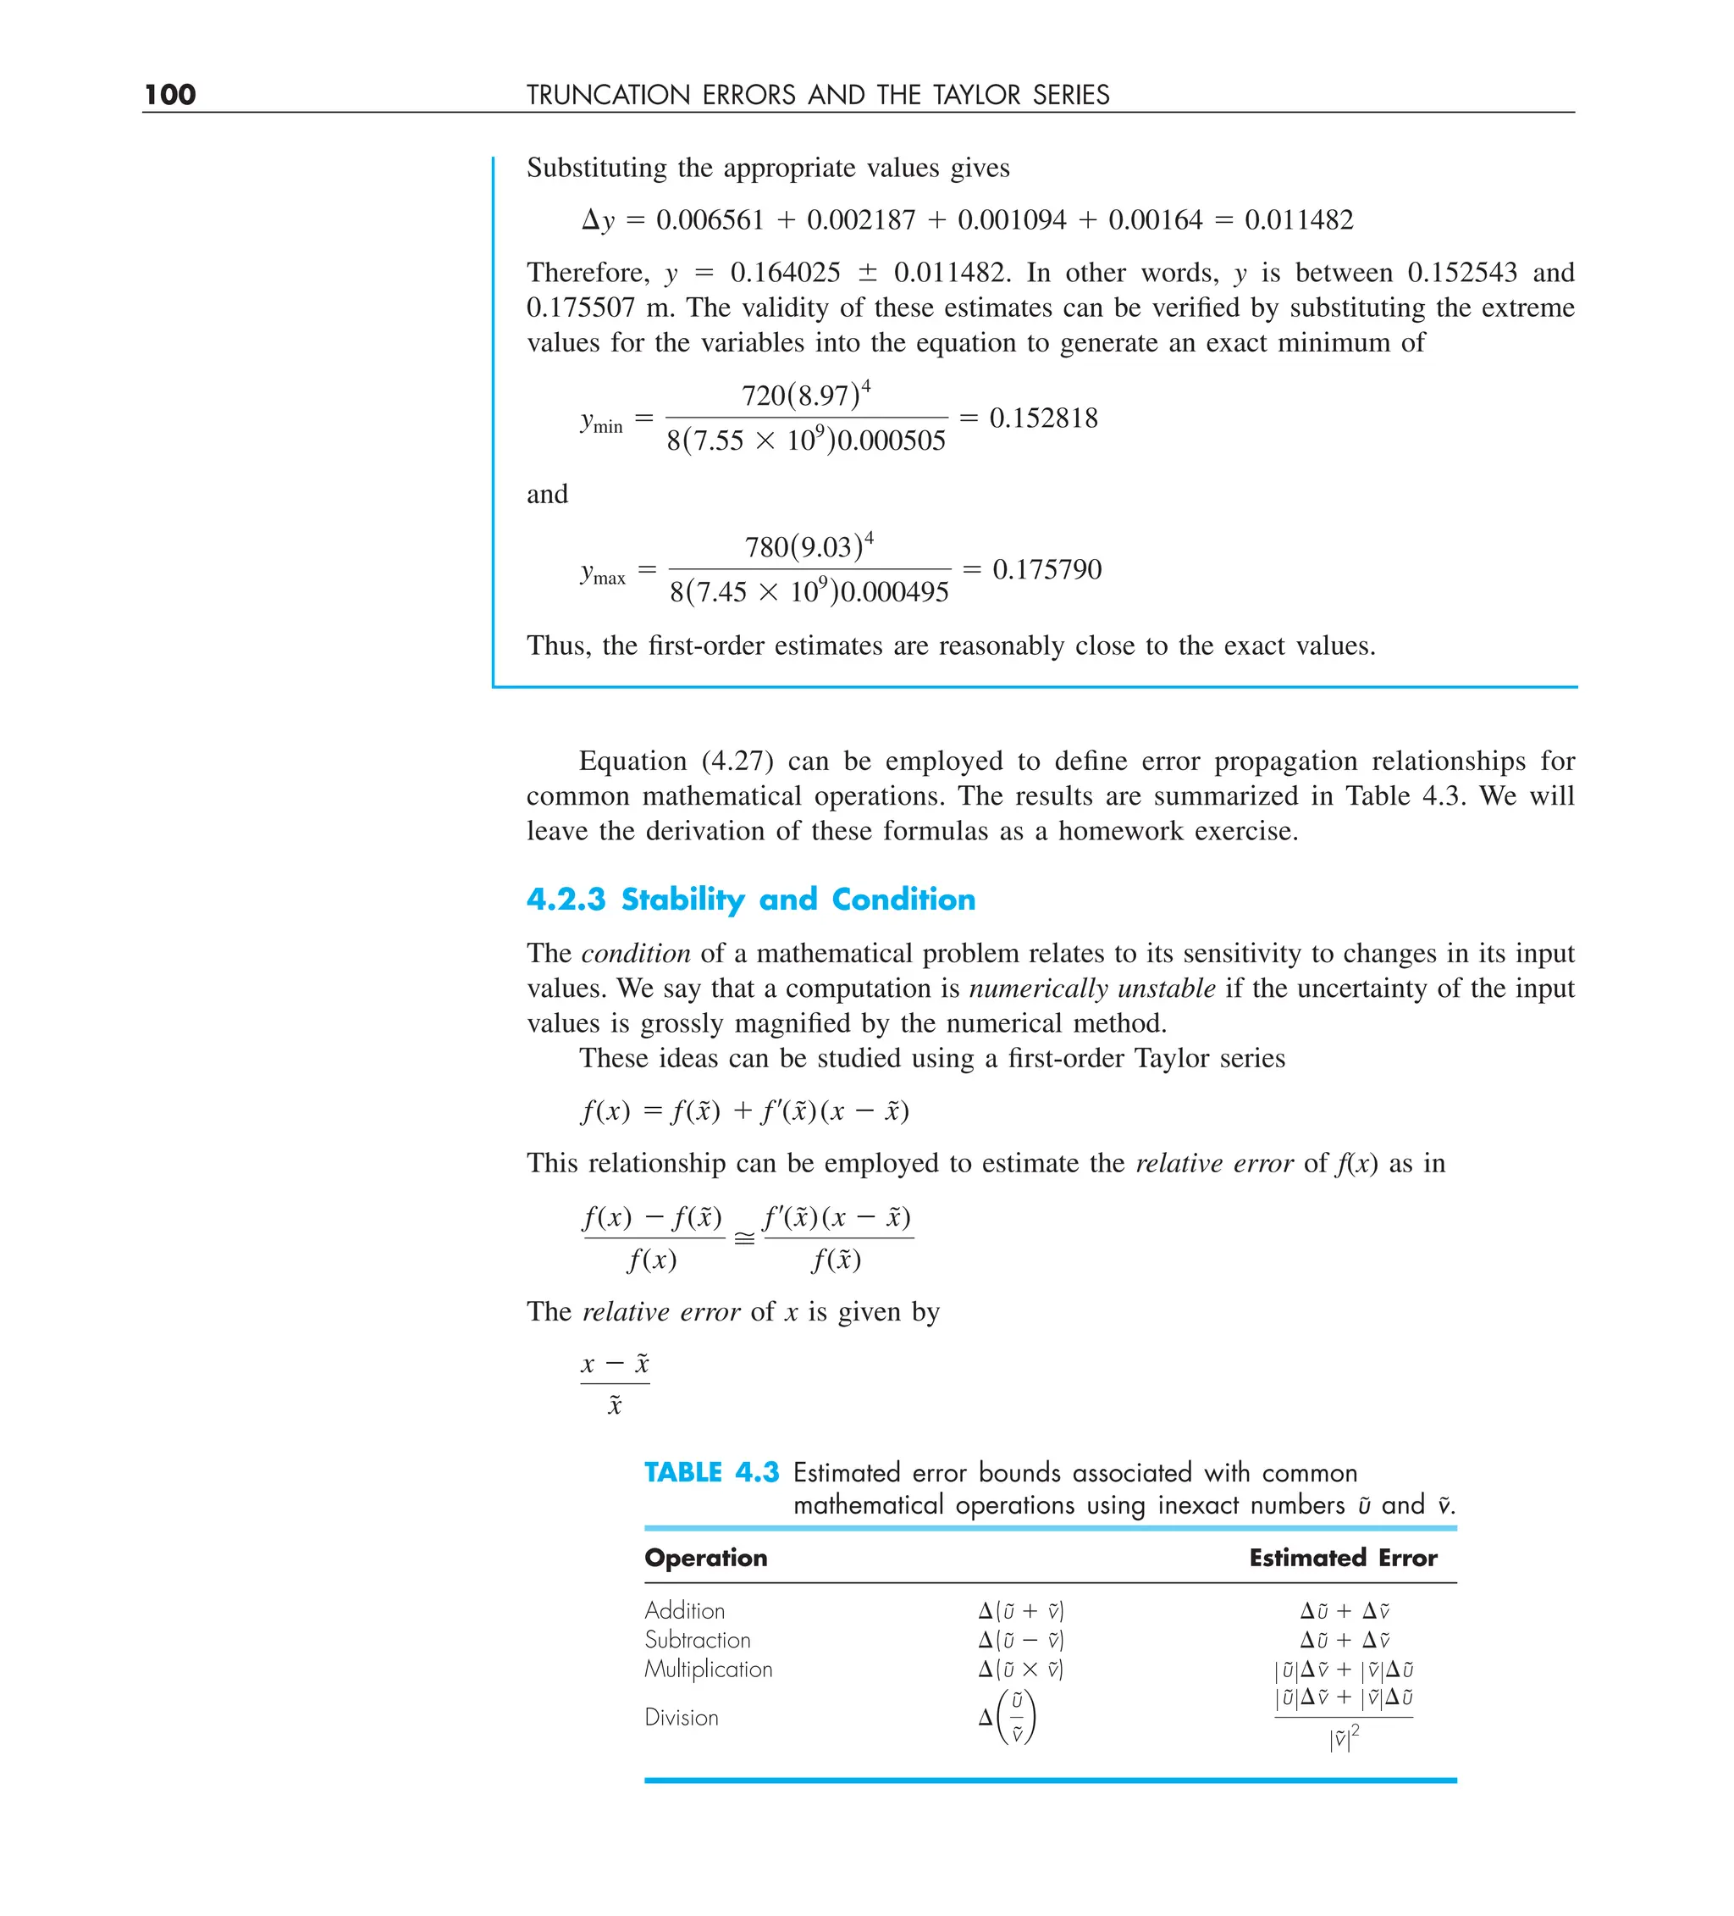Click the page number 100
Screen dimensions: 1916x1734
click(170, 94)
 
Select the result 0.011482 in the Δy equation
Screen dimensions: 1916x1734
click(1298, 220)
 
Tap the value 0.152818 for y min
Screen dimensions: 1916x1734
click(1043, 418)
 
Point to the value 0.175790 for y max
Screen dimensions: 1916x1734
click(1046, 570)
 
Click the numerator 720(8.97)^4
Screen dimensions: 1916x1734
click(806, 395)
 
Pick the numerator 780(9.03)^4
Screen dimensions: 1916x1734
click(809, 546)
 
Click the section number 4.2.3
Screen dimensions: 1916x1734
click(566, 899)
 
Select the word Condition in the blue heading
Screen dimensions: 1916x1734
click(903, 899)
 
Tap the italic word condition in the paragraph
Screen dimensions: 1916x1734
click(636, 953)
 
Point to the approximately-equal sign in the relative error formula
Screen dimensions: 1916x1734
click(744, 1238)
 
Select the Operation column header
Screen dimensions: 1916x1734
click(706, 1558)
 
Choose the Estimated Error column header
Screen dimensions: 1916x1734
click(1343, 1558)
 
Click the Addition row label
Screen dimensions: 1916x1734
click(684, 1611)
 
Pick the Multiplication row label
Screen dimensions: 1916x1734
click(708, 1670)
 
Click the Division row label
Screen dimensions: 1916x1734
click(682, 1717)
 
